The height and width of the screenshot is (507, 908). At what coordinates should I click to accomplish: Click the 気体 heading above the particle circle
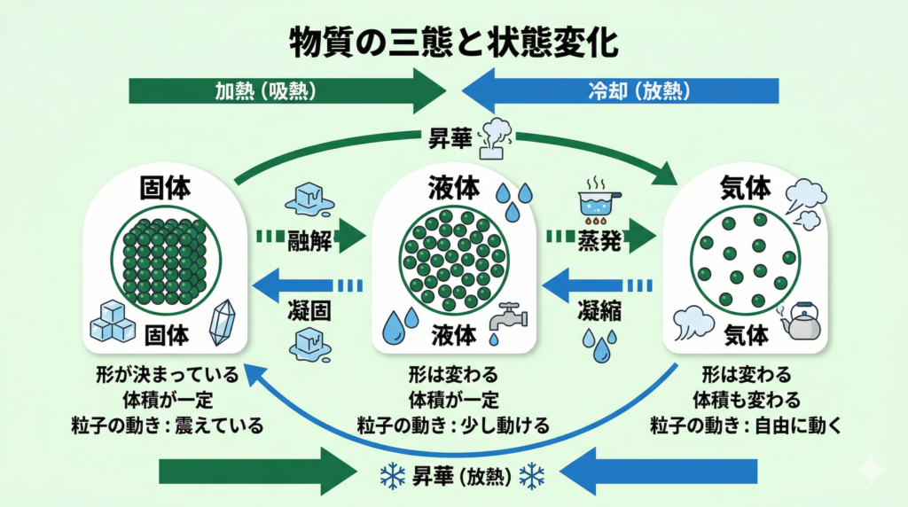pos(745,188)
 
